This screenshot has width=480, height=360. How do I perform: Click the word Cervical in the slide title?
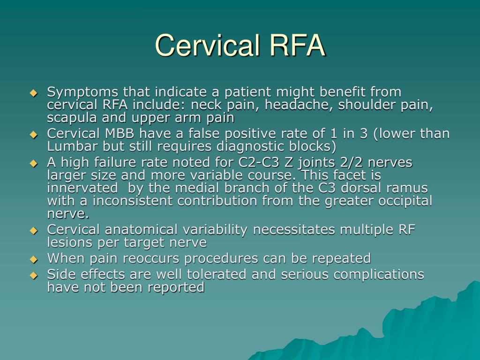point(207,45)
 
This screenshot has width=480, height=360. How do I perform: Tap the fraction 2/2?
point(350,163)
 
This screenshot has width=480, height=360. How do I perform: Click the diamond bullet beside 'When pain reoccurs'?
point(33,259)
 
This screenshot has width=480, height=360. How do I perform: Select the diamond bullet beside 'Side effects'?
point(33,275)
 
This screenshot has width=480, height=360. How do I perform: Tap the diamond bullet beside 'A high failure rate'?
point(33,164)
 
